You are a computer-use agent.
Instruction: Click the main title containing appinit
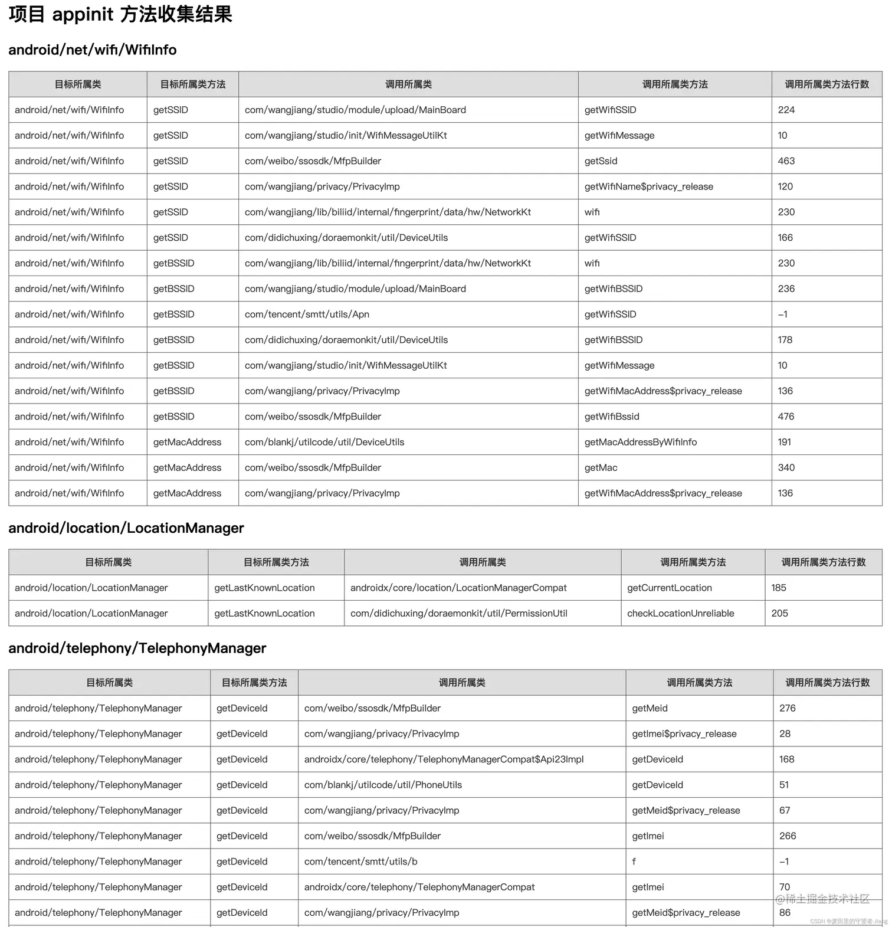pyautogui.click(x=120, y=15)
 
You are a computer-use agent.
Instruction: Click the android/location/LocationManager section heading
pyautogui.click(x=126, y=528)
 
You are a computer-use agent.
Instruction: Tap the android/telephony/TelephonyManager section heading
pyautogui.click(x=137, y=648)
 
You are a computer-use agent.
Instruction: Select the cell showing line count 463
pyautogui.click(x=786, y=161)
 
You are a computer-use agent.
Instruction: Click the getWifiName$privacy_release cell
pyautogui.click(x=648, y=186)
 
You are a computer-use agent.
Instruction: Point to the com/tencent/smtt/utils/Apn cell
pyautogui.click(x=307, y=315)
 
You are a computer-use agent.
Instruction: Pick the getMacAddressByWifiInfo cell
pyautogui.click(x=640, y=442)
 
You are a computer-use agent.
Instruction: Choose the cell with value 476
pyautogui.click(x=786, y=417)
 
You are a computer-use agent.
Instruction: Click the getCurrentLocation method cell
pyautogui.click(x=669, y=588)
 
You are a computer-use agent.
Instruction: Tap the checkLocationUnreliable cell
pyautogui.click(x=680, y=613)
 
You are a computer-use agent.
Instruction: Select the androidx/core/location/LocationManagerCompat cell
pyautogui.click(x=458, y=588)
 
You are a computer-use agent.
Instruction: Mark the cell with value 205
pyautogui.click(x=779, y=613)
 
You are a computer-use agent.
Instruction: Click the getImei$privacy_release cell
pyautogui.click(x=684, y=733)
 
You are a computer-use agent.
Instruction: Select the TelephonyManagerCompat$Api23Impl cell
pyautogui.click(x=444, y=759)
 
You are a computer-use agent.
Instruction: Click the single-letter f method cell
pyautogui.click(x=634, y=862)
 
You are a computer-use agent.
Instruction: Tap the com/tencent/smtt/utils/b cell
pyautogui.click(x=360, y=862)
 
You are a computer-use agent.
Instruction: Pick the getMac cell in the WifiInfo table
pyautogui.click(x=601, y=468)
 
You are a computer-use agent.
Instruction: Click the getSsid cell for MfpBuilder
pyautogui.click(x=601, y=161)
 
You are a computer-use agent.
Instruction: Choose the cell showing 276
pyautogui.click(x=787, y=708)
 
